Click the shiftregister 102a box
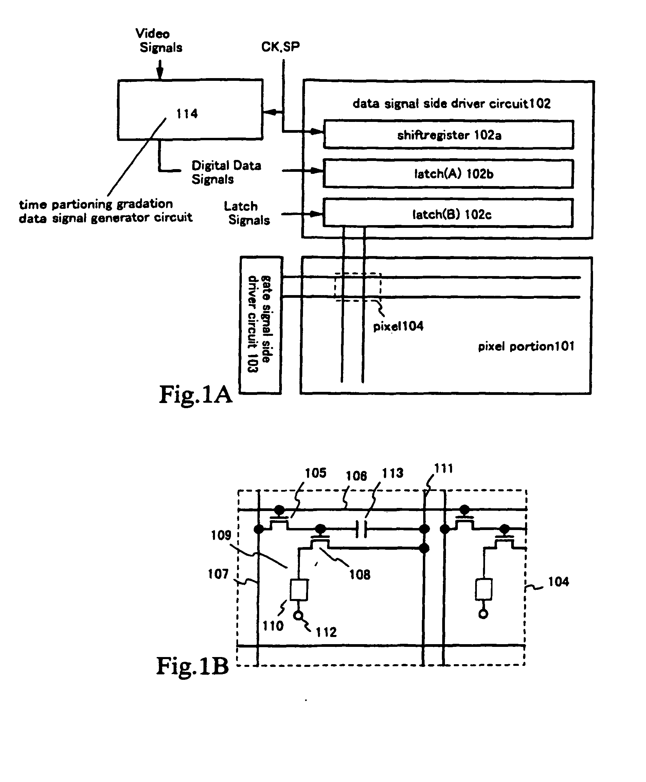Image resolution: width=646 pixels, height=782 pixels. tap(448, 135)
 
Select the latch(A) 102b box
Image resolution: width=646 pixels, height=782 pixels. tap(448, 174)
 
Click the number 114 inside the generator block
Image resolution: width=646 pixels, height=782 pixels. tap(187, 113)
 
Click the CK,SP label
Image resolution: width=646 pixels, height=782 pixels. tap(280, 47)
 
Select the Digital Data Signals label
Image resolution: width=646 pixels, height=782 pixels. tap(226, 172)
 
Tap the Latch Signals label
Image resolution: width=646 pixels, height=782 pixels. tap(246, 213)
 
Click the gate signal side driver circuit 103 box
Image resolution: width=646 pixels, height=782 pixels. tap(261, 325)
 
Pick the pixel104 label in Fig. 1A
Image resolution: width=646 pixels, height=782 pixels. tap(398, 326)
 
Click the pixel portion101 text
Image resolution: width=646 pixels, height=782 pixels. tap(526, 346)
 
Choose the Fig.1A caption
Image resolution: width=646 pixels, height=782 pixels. tap(195, 394)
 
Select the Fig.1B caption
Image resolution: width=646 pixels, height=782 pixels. tap(192, 666)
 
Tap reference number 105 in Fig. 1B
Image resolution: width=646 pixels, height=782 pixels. tap(316, 473)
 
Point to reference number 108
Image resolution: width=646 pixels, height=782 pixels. tap(359, 575)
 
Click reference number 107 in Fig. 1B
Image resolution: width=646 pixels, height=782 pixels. tap(218, 574)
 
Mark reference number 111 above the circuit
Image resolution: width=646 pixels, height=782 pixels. tap(444, 468)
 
